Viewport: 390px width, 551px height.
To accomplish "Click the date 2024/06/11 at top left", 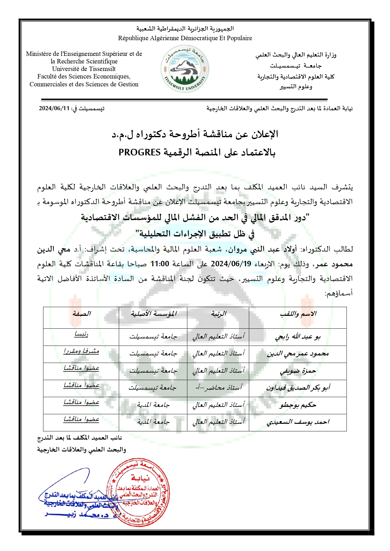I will pyautogui.click(x=54, y=109).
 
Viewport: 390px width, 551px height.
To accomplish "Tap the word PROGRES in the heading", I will pyautogui.click(x=140, y=153).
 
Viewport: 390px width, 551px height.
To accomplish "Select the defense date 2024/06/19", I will pyautogui.click(x=231, y=264).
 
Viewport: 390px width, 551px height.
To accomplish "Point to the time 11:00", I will pyautogui.click(x=160, y=264).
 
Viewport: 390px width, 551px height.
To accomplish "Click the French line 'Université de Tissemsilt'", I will pyautogui.click(x=84, y=69).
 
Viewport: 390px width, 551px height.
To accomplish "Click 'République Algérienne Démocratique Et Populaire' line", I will pyautogui.click(x=185, y=38).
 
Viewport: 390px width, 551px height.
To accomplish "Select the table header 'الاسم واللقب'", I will pyautogui.click(x=298, y=314).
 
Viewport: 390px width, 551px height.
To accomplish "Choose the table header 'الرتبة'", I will pyautogui.click(x=218, y=314).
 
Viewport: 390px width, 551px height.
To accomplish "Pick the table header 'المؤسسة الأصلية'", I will pyautogui.click(x=153, y=314).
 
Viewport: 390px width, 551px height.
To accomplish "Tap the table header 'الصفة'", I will pyautogui.click(x=81, y=314).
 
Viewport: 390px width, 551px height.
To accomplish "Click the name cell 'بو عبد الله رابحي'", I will pyautogui.click(x=298, y=337).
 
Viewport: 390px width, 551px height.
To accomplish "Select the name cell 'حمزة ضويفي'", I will pyautogui.click(x=298, y=371).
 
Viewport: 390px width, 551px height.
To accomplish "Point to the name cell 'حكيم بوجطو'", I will pyautogui.click(x=298, y=405).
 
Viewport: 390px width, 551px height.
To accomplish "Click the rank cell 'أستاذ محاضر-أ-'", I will pyautogui.click(x=218, y=388).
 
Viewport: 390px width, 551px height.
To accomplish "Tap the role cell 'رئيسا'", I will pyautogui.click(x=81, y=335).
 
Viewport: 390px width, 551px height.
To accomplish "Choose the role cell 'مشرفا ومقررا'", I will pyautogui.click(x=81, y=352).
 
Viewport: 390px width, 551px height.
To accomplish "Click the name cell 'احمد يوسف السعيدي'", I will pyautogui.click(x=298, y=422).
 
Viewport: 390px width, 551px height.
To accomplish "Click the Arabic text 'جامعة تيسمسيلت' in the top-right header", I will pyautogui.click(x=295, y=66).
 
